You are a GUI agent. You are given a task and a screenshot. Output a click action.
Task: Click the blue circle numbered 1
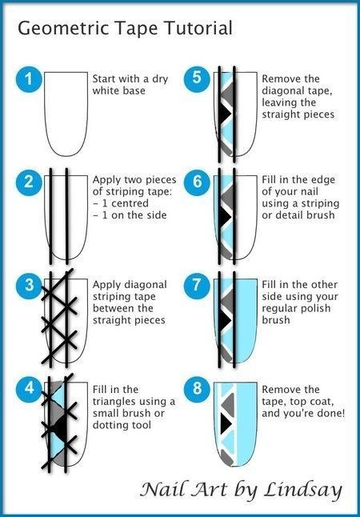[29, 79]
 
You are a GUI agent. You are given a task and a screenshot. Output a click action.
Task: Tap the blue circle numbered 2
[29, 182]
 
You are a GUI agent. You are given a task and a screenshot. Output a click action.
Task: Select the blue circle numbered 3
[29, 285]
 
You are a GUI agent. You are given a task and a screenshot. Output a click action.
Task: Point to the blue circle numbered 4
[29, 388]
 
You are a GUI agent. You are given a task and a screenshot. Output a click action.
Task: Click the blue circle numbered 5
[197, 79]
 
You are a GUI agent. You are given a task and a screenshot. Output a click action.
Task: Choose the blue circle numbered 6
[197, 182]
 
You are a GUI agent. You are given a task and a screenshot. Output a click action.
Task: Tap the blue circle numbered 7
[197, 285]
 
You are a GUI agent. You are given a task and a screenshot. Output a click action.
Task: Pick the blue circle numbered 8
[197, 388]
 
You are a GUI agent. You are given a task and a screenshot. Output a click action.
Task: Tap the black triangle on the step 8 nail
[225, 423]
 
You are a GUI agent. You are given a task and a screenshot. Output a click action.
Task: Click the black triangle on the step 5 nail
[225, 113]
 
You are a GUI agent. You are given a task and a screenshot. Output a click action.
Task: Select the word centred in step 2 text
[130, 203]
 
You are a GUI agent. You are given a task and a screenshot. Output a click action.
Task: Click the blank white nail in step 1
[66, 114]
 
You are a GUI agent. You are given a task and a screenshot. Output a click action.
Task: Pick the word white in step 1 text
[105, 90]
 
